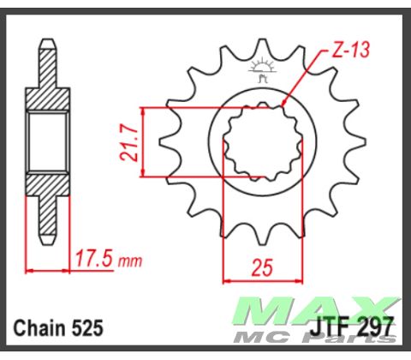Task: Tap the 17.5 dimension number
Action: (91, 257)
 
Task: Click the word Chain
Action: (44, 327)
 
